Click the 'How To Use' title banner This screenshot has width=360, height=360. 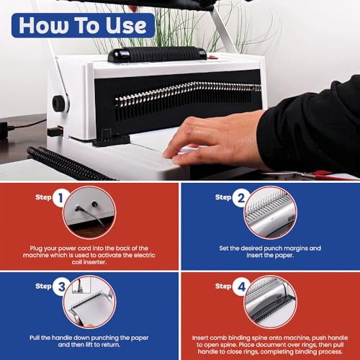click(x=83, y=25)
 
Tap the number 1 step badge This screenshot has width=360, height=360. click(x=60, y=198)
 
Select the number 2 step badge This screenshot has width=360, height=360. click(x=240, y=198)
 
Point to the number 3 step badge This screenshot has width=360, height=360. click(x=61, y=287)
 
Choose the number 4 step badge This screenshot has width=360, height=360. click(x=241, y=287)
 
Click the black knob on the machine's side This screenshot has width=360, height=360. click(x=59, y=103)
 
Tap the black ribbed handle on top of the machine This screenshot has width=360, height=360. click(x=157, y=54)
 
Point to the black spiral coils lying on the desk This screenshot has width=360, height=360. click(x=70, y=164)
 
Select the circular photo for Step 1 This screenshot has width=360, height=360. click(x=89, y=212)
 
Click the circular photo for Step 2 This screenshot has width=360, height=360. click(x=270, y=212)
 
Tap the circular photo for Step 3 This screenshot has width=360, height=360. click(x=89, y=302)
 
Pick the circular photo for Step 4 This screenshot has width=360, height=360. click(x=270, y=302)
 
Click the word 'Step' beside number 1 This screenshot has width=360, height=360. click(x=43, y=197)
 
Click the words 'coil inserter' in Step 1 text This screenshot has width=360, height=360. click(x=89, y=262)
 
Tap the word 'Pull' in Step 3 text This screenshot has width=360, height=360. click(x=35, y=338)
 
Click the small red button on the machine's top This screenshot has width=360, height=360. click(x=212, y=57)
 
